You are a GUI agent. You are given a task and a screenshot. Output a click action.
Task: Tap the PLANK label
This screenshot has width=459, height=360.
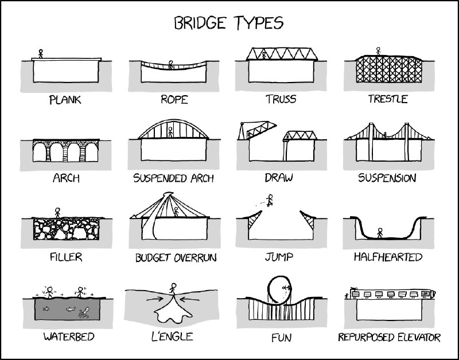(65, 100)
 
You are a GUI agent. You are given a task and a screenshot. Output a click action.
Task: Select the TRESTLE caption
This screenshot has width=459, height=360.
(388, 99)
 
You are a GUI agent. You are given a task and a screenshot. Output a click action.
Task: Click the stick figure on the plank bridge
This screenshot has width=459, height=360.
(41, 53)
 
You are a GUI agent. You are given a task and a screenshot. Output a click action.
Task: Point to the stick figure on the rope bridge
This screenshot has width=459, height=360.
(170, 65)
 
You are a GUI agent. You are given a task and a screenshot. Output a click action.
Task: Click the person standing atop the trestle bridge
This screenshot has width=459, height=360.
(378, 51)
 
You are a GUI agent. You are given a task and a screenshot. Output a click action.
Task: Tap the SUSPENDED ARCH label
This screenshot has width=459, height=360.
(173, 178)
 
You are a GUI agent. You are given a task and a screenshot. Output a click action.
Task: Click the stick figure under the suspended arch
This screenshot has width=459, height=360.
(170, 132)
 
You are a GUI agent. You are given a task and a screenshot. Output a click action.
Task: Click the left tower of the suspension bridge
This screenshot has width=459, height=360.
(371, 142)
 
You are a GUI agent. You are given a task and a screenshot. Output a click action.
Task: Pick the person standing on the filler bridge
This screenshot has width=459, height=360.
(57, 213)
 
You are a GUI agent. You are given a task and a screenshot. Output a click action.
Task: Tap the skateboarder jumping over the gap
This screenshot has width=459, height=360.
(270, 200)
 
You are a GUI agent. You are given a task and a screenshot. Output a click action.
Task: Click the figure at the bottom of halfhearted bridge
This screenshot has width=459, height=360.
(380, 233)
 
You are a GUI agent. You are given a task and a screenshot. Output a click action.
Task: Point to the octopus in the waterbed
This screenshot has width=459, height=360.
(84, 312)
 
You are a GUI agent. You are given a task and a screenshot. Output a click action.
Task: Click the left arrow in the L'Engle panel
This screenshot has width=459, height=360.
(154, 299)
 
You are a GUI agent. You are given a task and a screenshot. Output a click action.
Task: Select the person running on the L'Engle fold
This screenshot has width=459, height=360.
(173, 288)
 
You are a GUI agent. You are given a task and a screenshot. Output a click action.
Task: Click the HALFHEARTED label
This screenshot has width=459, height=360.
(388, 257)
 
